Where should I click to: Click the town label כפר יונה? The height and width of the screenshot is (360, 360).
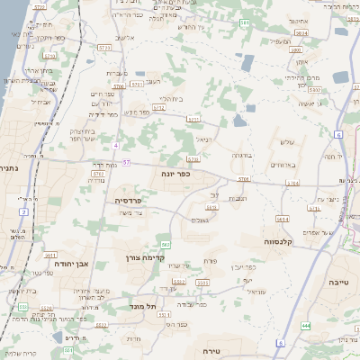click(x=176, y=173)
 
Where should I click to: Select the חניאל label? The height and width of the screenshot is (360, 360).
click(x=204, y=139)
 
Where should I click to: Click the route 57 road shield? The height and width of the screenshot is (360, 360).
click(x=127, y=162)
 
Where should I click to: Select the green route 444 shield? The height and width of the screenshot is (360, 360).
click(x=306, y=325)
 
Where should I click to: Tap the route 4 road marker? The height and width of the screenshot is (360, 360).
click(x=116, y=144)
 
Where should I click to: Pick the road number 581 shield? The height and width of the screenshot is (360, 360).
click(x=245, y=22)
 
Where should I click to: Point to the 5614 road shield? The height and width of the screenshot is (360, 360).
click(x=282, y=219)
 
